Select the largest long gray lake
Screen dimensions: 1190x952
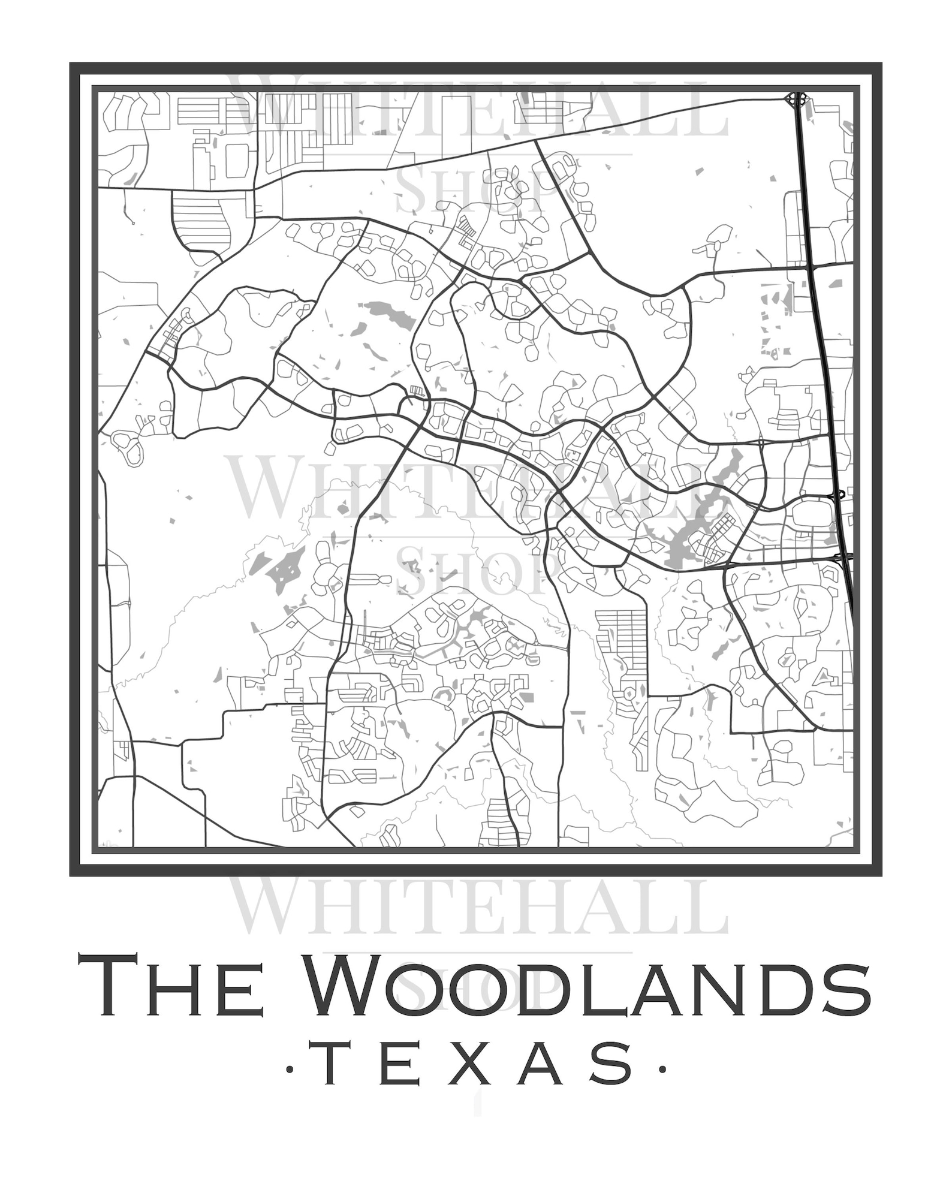(x=695, y=522)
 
